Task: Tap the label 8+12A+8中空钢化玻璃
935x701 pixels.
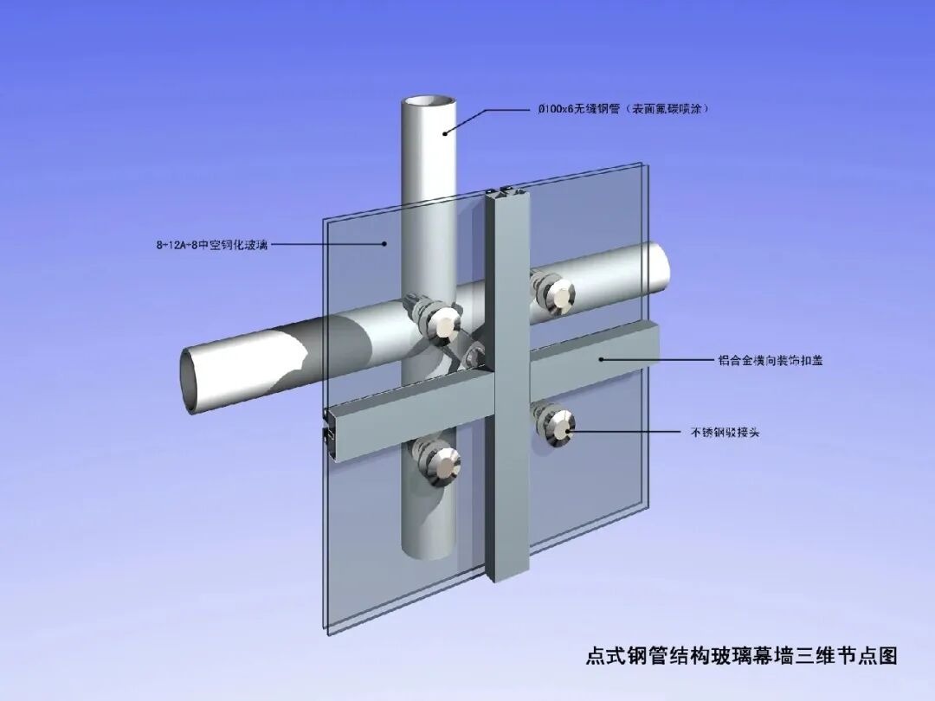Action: (x=212, y=245)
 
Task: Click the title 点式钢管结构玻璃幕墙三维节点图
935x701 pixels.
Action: (x=741, y=655)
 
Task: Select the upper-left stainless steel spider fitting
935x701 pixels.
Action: (x=442, y=320)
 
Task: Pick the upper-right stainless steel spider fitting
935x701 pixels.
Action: (x=558, y=293)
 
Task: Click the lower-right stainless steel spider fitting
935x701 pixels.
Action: (x=557, y=424)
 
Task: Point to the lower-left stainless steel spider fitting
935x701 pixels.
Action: (x=438, y=459)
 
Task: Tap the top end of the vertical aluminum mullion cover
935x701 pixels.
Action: (x=507, y=192)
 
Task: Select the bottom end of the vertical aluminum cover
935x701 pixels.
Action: (x=507, y=575)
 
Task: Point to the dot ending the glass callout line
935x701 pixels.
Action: (x=384, y=244)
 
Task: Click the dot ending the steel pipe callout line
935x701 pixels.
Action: (x=447, y=132)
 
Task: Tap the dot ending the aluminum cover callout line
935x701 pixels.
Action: (x=599, y=358)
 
